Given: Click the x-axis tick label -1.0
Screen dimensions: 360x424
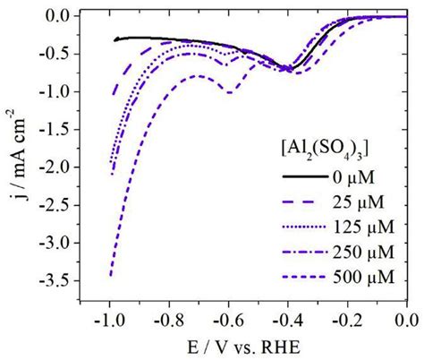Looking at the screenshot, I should [x=107, y=319].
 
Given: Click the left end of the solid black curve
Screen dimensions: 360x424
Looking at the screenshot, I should [x=115, y=39].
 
